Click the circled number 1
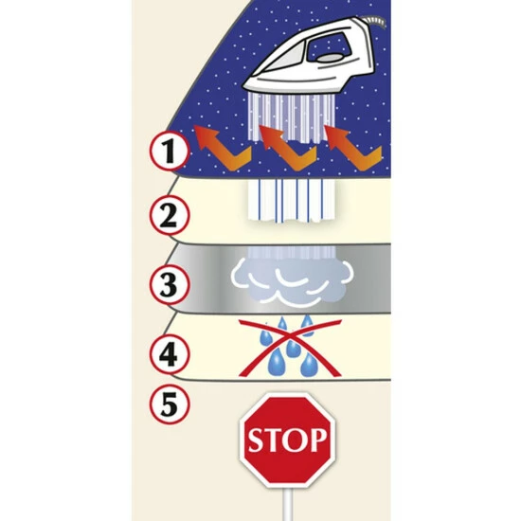(170, 151)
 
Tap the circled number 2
(170, 216)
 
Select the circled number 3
(170, 284)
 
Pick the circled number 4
(170, 354)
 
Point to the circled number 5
(170, 404)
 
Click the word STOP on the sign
(288, 440)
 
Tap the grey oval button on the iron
(329, 57)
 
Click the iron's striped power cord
(375, 23)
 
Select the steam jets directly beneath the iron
(291, 118)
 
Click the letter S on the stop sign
(256, 440)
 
